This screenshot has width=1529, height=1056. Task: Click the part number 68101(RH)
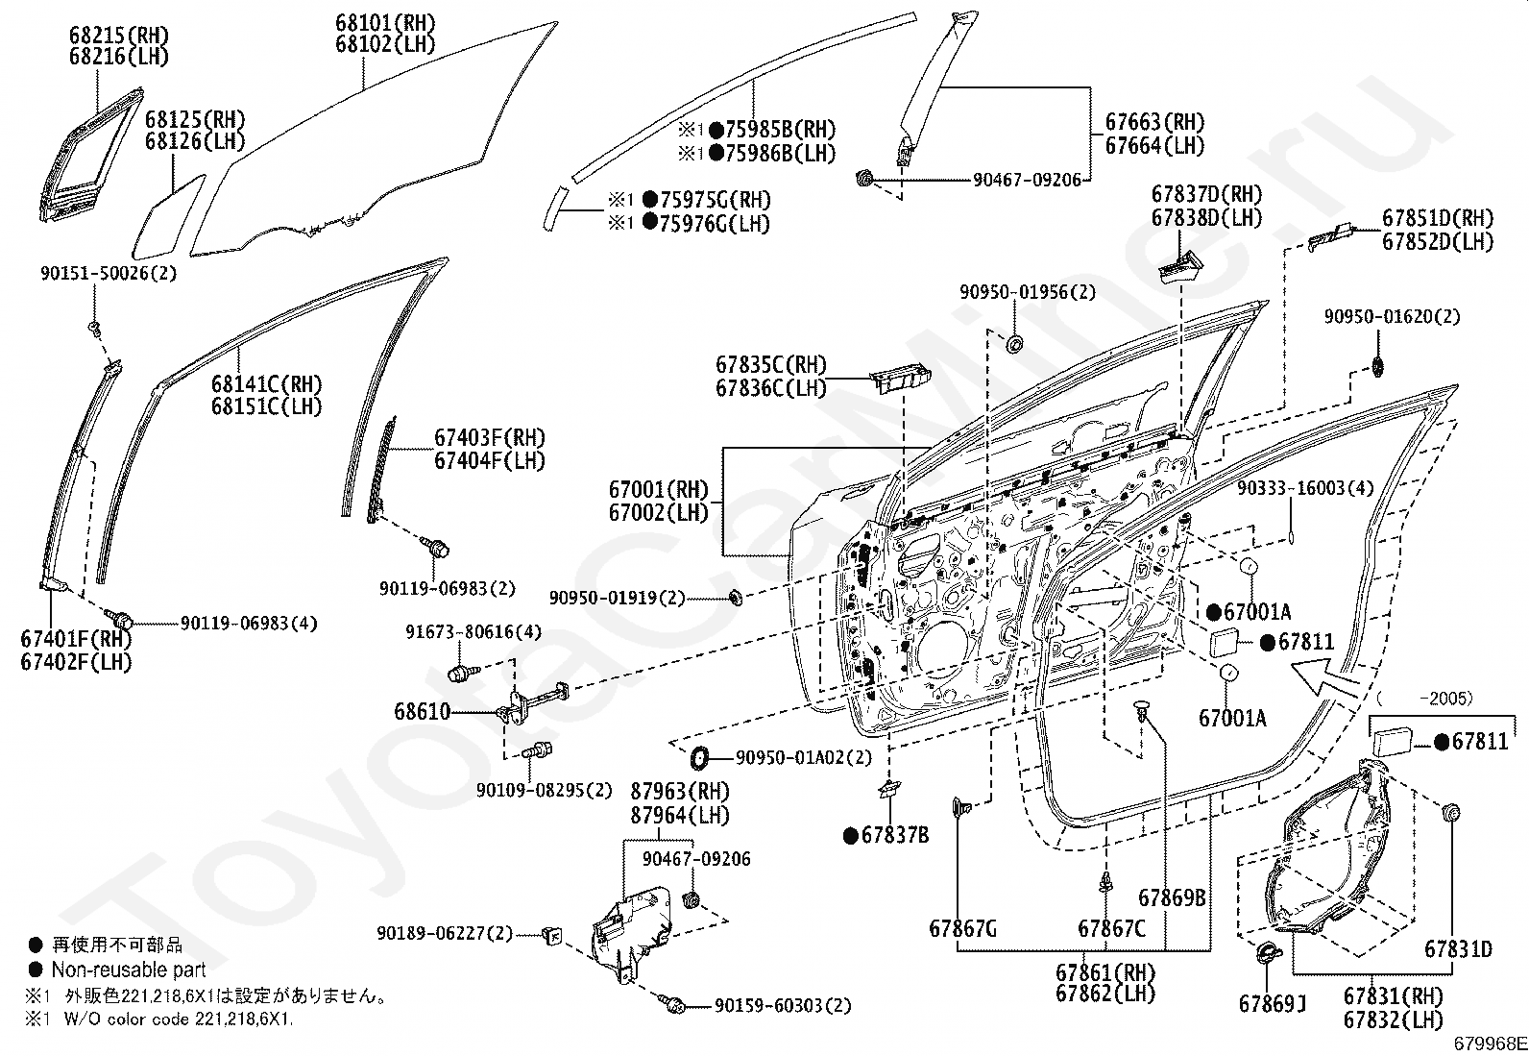[385, 23]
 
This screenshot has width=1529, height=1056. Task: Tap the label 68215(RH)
[119, 35]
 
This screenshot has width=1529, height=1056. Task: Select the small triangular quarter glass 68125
[168, 216]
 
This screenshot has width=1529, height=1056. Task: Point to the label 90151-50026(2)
[109, 273]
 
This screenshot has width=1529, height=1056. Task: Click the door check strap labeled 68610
[532, 702]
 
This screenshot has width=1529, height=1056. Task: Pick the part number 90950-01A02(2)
[804, 757]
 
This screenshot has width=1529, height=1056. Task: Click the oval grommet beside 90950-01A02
[700, 757]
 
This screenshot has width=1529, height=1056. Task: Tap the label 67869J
[1273, 1003]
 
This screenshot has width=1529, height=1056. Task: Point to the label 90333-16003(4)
[1305, 488]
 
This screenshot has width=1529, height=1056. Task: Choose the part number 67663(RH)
[1155, 122]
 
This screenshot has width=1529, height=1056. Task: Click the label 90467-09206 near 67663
[1028, 180]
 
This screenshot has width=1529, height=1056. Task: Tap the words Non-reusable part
[129, 970]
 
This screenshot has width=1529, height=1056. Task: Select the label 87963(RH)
[680, 792]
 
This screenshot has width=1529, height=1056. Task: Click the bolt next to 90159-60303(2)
[672, 1003]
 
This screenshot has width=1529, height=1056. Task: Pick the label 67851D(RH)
[1438, 218]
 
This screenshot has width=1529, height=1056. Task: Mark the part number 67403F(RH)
[490, 437]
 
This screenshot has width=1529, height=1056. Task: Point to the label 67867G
[962, 928]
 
